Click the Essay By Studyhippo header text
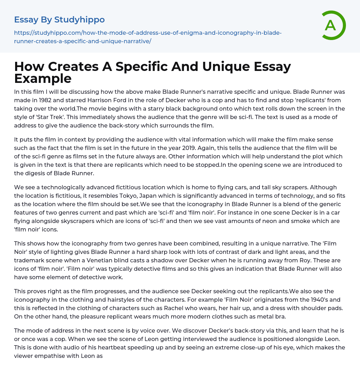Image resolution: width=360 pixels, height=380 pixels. click(x=59, y=20)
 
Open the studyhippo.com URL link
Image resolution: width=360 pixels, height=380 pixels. click(x=148, y=37)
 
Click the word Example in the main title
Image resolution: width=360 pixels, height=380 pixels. click(x=43, y=78)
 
